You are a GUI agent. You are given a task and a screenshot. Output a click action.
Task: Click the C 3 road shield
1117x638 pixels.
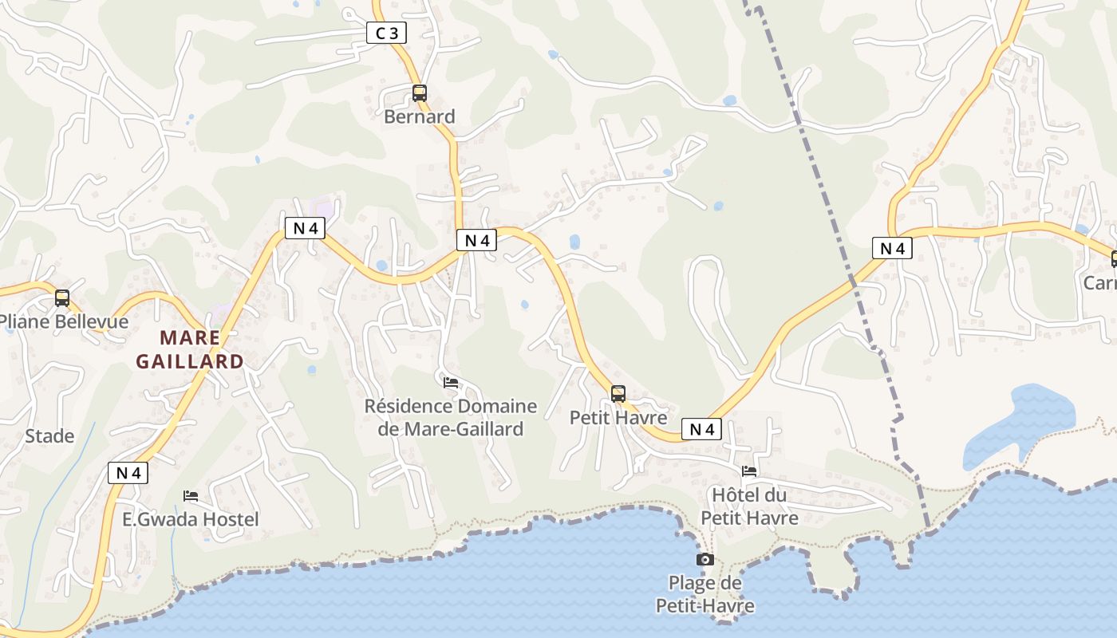tap(387, 33)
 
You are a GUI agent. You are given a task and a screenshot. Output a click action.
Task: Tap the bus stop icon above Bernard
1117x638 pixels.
tap(420, 93)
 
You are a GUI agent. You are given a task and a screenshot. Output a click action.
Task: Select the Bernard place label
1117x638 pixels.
tap(420, 116)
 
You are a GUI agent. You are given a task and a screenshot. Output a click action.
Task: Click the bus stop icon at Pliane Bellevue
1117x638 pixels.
tap(62, 298)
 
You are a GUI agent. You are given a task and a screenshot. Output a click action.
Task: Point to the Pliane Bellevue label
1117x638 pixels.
tap(64, 321)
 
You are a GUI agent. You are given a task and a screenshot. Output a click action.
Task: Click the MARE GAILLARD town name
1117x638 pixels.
tap(190, 349)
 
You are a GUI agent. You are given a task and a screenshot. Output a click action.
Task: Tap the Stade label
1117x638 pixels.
tap(49, 436)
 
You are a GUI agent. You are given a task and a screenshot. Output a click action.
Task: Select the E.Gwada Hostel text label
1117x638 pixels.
tap(191, 519)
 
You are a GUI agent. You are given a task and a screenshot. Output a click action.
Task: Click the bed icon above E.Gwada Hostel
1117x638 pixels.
tap(191, 496)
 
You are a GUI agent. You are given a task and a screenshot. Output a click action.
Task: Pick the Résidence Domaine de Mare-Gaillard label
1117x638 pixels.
tap(451, 417)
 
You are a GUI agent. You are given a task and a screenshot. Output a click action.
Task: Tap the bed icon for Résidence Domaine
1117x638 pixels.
tap(451, 383)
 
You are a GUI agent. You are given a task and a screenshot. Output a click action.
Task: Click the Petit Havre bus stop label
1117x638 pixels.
tap(618, 417)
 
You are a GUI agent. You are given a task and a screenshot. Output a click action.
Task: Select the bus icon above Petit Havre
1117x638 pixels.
tap(618, 393)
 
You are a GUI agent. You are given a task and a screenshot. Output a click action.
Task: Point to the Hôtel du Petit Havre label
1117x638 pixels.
tap(749, 506)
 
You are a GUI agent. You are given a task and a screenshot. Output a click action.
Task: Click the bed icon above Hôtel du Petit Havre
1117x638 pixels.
tap(749, 471)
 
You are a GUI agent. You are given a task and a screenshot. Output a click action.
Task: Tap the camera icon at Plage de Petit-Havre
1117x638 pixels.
tap(705, 559)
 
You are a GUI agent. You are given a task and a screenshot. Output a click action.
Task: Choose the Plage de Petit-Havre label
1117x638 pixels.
tap(705, 594)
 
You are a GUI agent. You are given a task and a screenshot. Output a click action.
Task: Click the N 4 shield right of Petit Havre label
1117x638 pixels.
tap(701, 429)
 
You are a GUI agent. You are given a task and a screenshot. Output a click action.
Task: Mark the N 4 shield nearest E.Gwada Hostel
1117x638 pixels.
tap(128, 472)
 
